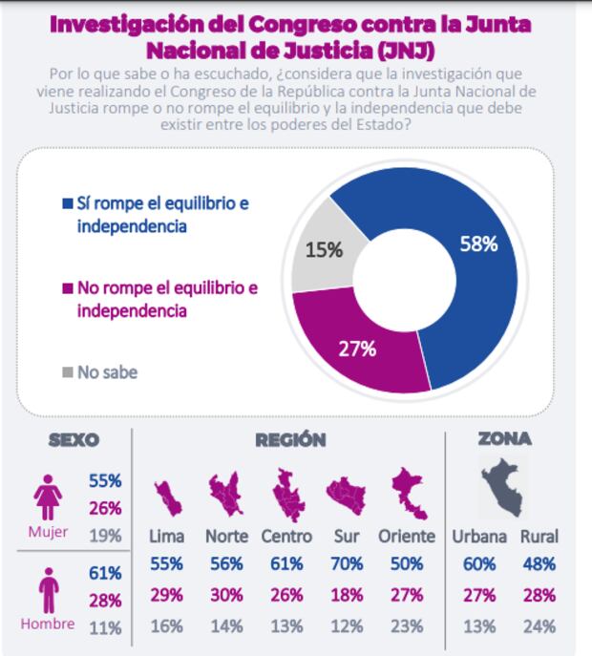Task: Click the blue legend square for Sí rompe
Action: point(67,202)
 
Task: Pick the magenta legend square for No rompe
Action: point(67,286)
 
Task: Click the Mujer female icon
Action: point(47,497)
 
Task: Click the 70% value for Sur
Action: point(348,563)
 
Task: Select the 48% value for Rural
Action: point(539,563)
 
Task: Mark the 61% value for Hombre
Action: point(105,573)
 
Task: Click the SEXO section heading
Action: point(74,440)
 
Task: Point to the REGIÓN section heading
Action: point(290,440)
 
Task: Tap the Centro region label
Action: point(286,537)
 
